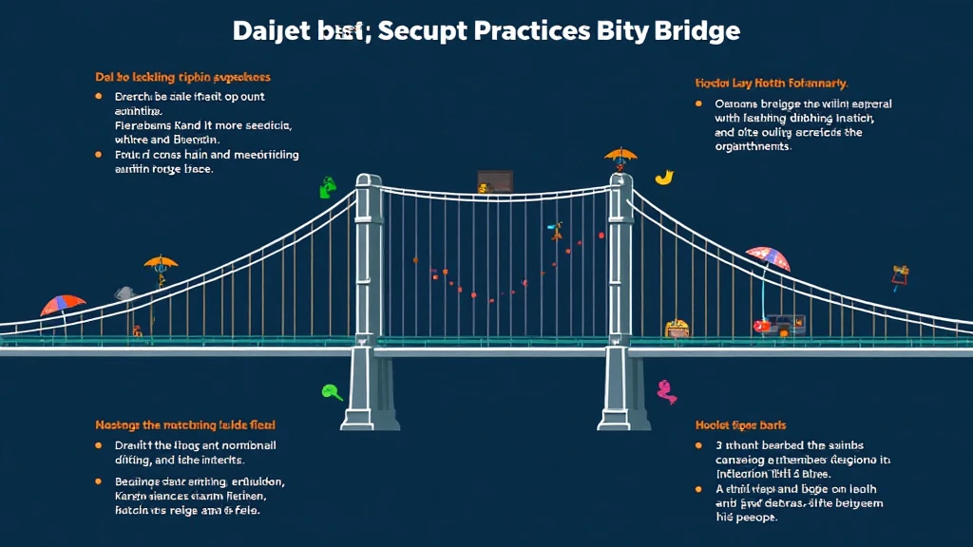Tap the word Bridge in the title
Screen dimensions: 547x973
click(696, 30)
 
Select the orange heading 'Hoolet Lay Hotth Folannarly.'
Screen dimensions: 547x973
click(771, 84)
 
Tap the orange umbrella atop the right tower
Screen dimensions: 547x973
click(620, 155)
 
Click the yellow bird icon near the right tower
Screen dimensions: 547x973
click(664, 177)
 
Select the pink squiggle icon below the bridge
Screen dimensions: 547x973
click(666, 390)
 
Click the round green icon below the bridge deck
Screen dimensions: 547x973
click(332, 390)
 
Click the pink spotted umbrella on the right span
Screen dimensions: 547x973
click(768, 257)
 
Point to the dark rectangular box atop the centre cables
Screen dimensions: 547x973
click(495, 181)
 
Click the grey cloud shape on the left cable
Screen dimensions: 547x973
click(124, 293)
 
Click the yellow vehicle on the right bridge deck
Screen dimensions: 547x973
click(677, 329)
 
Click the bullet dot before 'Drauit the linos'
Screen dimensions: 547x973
click(99, 444)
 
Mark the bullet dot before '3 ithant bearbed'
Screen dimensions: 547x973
click(697, 444)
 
